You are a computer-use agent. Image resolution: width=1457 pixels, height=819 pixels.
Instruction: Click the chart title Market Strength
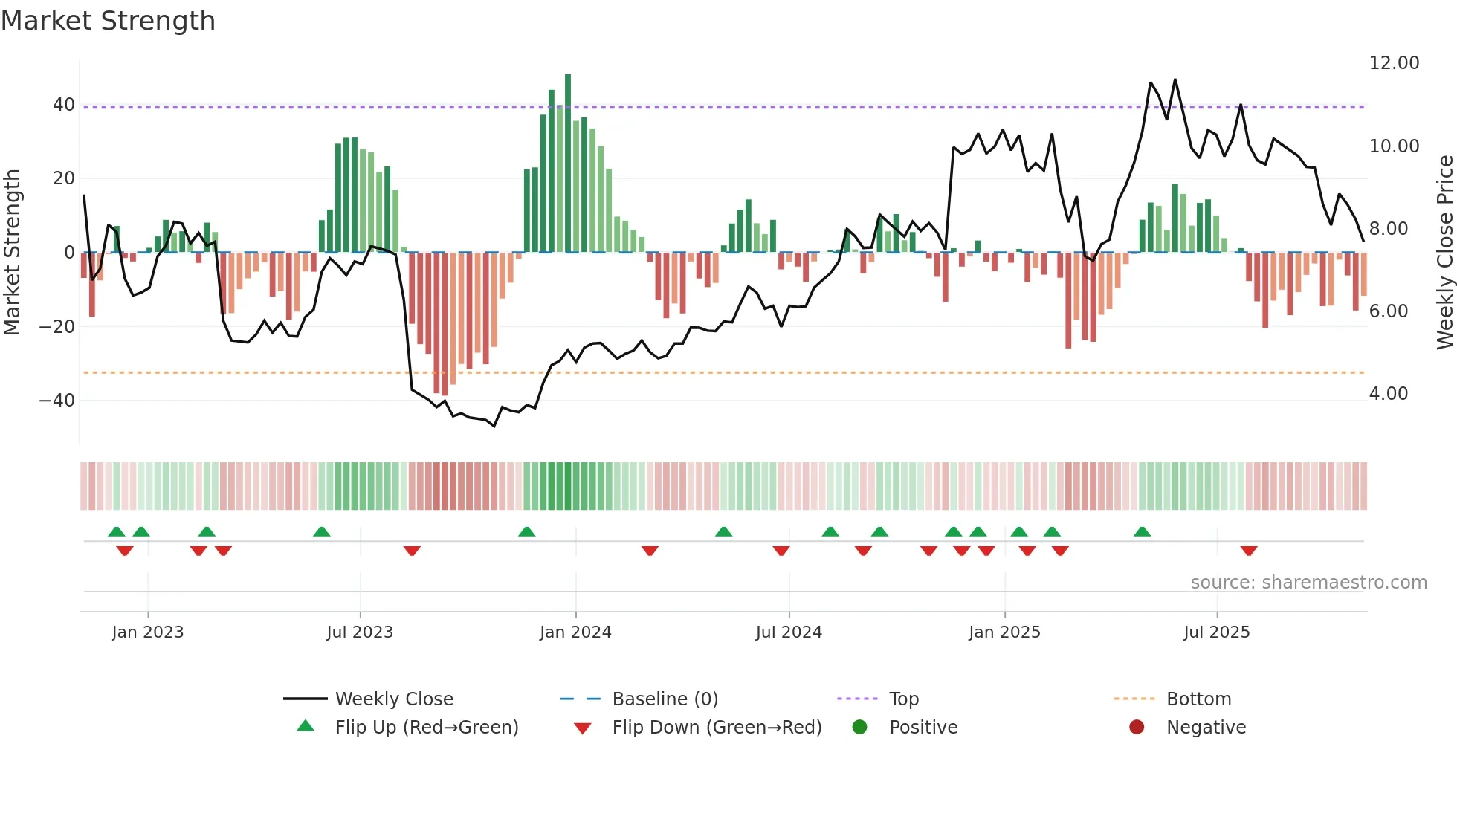pos(108,21)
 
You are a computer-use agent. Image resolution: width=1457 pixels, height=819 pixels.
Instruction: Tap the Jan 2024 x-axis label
pos(575,632)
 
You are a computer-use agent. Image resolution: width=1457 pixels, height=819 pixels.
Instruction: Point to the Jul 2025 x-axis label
pos(1217,632)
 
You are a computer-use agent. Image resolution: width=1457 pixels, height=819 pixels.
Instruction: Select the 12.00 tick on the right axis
pos(1394,63)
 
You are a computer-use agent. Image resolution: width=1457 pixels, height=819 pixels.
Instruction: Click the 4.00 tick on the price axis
pos(1389,394)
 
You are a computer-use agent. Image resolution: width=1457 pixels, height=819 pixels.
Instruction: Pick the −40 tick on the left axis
pos(57,401)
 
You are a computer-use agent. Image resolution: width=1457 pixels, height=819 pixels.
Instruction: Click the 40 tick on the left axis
pos(64,105)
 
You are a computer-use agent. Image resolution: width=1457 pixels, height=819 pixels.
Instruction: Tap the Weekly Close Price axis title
pos(1444,253)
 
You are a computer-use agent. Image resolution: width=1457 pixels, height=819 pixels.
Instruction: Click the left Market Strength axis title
pos(13,253)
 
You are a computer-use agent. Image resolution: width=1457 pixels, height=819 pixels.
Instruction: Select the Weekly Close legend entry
pos(394,699)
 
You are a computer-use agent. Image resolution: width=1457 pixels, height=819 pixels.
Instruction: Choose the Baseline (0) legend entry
pos(665,699)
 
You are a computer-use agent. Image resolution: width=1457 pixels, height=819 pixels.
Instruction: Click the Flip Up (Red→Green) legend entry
pos(426,728)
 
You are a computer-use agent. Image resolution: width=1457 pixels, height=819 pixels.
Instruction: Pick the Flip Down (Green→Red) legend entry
pos(717,728)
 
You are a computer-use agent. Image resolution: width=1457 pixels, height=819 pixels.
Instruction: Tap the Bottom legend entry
pos(1198,699)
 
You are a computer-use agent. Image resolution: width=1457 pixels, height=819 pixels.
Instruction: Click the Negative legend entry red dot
pos(1137,728)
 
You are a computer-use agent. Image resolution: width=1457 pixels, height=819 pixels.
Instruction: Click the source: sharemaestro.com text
pos(1308,583)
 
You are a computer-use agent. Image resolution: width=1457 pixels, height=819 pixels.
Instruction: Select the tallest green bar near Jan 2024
pos(568,164)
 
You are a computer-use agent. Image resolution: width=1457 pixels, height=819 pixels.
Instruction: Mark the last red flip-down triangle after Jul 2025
pos(1249,551)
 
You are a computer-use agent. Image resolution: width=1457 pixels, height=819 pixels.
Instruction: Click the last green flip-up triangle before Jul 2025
pos(1143,531)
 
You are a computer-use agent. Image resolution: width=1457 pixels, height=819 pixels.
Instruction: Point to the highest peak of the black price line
pos(1175,80)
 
